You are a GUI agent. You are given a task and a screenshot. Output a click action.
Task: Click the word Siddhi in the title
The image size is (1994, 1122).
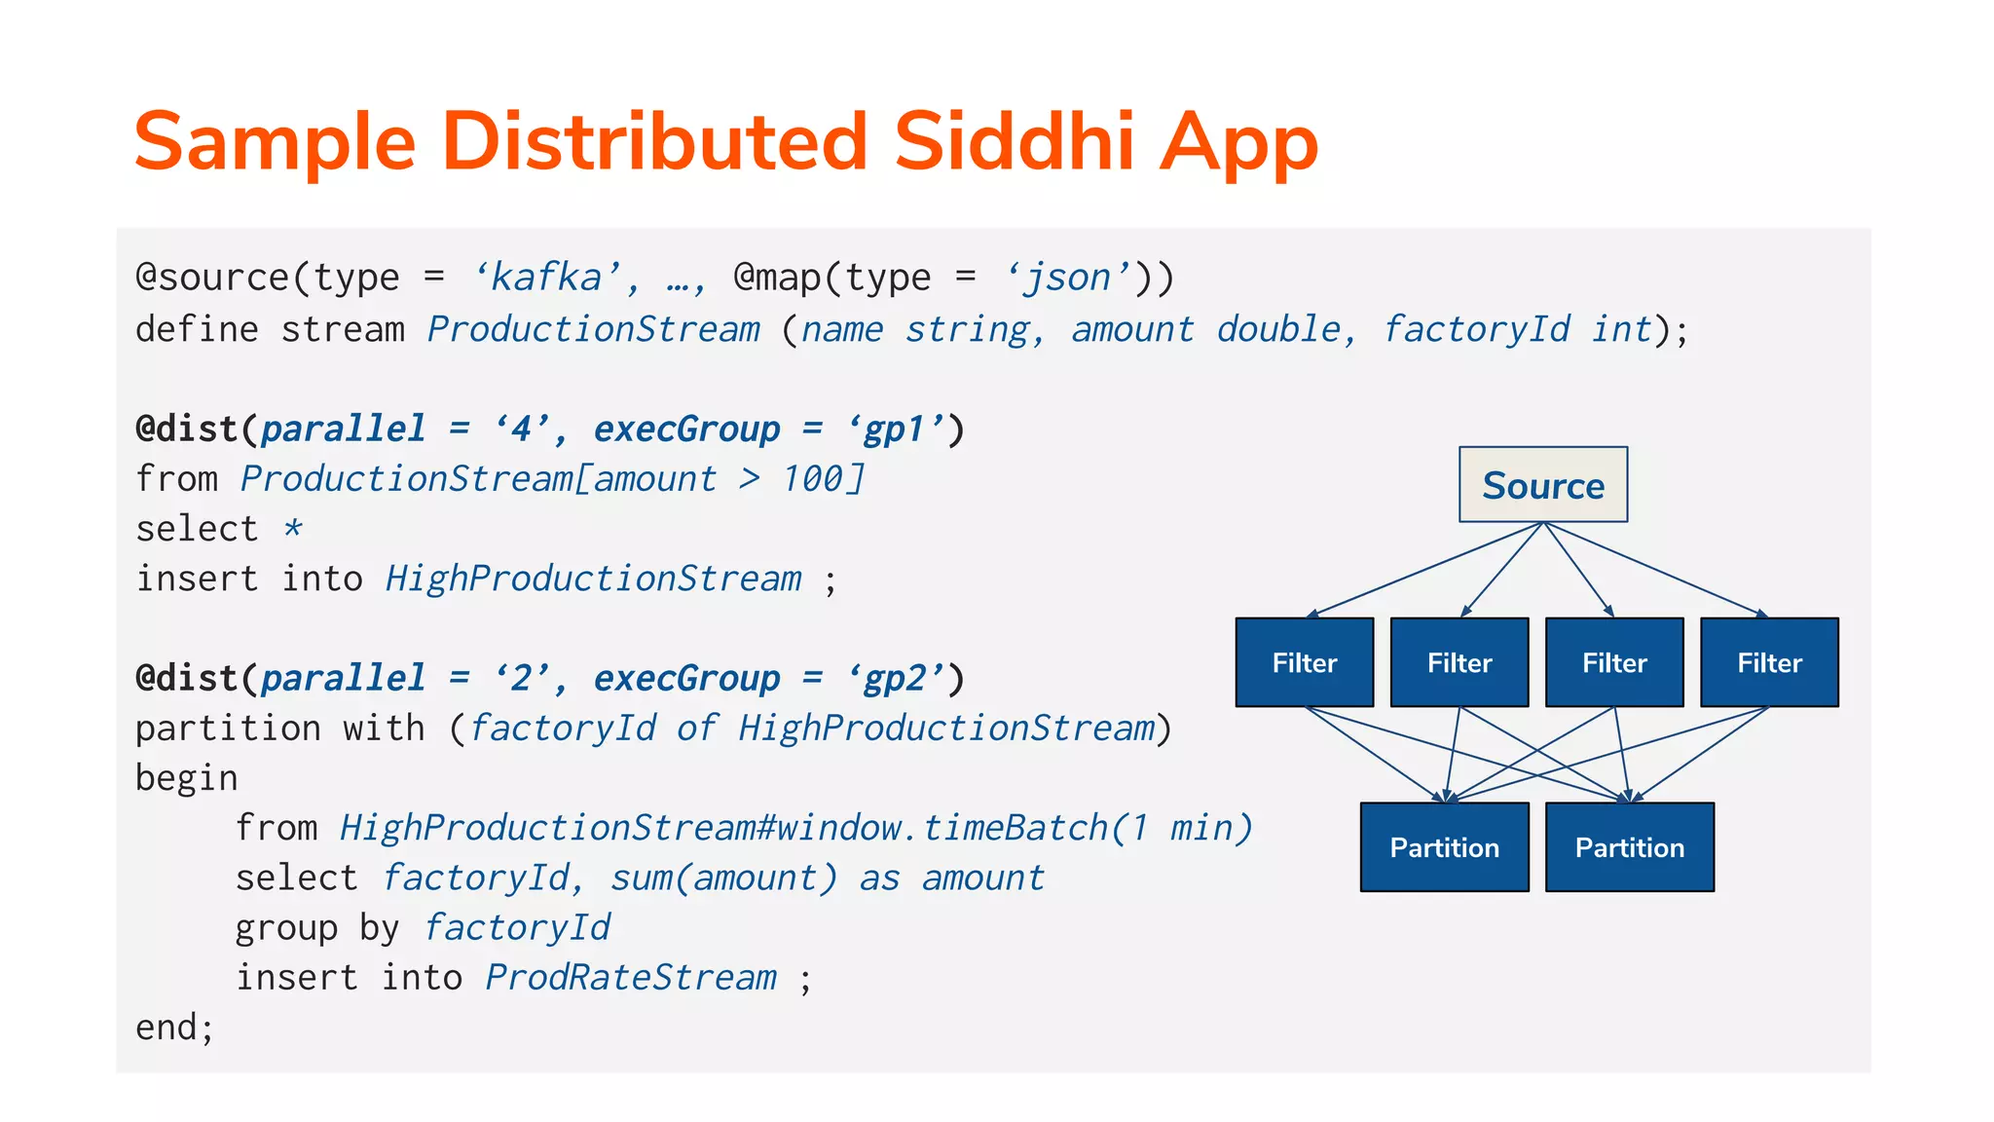(x=1015, y=142)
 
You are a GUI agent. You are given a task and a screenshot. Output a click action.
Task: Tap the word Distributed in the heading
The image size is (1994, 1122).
(x=654, y=142)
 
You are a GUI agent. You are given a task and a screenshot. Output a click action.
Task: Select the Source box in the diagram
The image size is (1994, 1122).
(x=1542, y=485)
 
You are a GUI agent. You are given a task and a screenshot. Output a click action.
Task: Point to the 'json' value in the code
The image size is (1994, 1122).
(x=1069, y=279)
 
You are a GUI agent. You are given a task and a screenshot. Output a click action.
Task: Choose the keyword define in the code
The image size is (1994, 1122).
(x=197, y=329)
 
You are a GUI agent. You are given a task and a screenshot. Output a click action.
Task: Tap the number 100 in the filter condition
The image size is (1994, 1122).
(x=813, y=479)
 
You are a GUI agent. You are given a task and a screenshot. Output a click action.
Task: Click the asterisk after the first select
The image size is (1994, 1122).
(x=293, y=529)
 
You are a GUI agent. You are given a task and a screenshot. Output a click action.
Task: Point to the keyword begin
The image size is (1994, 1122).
(x=186, y=779)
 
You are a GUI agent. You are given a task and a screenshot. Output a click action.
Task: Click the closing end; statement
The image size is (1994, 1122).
(x=174, y=1028)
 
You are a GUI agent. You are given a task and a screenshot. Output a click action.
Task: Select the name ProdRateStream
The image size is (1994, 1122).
(x=631, y=978)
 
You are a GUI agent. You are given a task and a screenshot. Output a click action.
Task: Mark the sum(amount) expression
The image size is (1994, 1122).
(x=723, y=879)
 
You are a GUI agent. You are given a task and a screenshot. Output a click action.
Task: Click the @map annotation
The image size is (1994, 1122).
(x=776, y=279)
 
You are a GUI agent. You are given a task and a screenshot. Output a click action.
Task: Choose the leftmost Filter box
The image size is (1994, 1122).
(x=1304, y=662)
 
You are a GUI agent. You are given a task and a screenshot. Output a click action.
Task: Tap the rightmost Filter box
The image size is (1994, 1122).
(x=1769, y=662)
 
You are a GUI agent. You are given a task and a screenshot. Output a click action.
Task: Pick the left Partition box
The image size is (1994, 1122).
(x=1444, y=847)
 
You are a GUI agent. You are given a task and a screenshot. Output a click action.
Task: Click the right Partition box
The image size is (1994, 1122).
(x=1629, y=847)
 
